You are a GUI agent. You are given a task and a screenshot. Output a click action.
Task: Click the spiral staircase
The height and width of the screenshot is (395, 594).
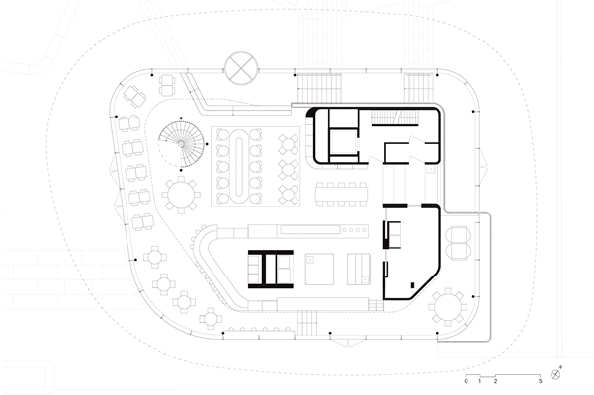click(182, 144)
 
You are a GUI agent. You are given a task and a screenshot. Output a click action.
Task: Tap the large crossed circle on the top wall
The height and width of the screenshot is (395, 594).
click(241, 68)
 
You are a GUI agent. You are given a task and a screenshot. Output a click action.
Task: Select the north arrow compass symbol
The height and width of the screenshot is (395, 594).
click(555, 374)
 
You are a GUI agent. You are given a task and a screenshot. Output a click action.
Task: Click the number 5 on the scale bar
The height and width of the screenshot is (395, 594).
click(541, 381)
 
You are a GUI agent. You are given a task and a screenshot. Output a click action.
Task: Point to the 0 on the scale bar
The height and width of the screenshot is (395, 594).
click(466, 381)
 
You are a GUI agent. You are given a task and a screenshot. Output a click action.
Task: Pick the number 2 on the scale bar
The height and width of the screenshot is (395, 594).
click(495, 381)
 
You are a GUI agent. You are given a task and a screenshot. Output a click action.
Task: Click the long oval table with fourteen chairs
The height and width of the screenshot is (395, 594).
click(239, 167)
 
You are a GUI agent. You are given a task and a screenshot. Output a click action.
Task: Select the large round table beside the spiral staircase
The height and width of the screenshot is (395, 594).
click(181, 195)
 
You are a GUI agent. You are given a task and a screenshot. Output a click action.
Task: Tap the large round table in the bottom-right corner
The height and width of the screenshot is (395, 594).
click(448, 307)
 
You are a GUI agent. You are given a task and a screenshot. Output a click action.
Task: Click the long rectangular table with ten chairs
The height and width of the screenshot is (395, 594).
click(341, 195)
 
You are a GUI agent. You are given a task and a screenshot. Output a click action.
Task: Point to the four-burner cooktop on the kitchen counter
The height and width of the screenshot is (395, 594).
click(355, 230)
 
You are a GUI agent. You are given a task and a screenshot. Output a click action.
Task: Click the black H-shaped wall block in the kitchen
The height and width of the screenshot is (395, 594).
click(271, 269)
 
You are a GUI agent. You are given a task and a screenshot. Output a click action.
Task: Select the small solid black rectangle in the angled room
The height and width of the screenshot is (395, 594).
click(412, 285)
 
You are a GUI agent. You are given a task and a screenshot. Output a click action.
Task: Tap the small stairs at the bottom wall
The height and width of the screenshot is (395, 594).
click(306, 323)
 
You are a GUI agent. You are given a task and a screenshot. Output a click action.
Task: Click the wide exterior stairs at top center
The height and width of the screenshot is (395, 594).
click(319, 88)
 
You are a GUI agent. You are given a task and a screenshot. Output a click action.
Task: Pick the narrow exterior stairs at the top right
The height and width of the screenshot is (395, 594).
click(419, 88)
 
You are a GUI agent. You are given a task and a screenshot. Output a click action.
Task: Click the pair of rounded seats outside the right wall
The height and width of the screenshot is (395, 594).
click(459, 243)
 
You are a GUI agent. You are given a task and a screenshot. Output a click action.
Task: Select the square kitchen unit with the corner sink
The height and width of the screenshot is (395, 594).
click(319, 269)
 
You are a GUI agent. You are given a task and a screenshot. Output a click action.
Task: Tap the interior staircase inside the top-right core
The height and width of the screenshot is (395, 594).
click(395, 118)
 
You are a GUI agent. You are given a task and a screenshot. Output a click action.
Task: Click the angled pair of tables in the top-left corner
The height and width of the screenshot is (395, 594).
click(134, 96)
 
